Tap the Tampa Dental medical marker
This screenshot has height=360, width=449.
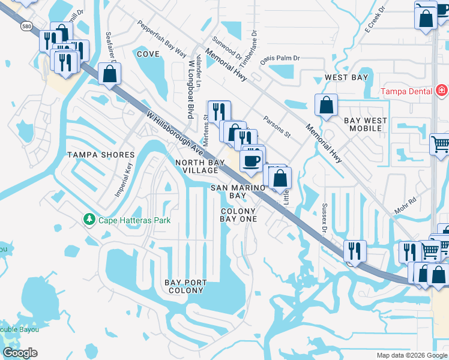[442, 91]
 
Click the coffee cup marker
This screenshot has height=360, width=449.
[251, 161]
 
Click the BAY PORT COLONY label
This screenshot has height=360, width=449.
[186, 286]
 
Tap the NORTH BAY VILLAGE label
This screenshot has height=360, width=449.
[196, 166]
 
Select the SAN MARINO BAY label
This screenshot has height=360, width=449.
[238, 191]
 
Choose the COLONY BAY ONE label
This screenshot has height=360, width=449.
[238, 215]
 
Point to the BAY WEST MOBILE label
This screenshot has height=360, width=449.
[366, 124]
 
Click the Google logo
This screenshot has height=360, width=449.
[20, 353]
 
